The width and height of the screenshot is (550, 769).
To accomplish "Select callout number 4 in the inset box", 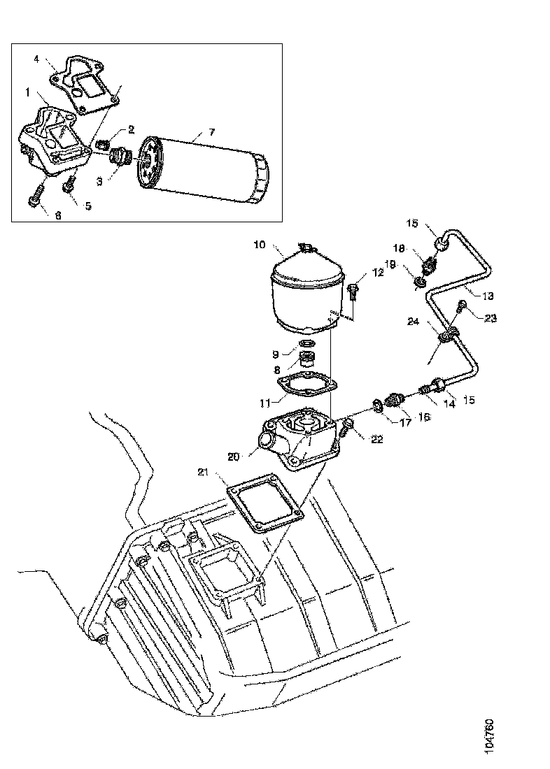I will pos(36,59).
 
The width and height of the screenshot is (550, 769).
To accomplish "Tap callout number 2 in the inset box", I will pos(131,130).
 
